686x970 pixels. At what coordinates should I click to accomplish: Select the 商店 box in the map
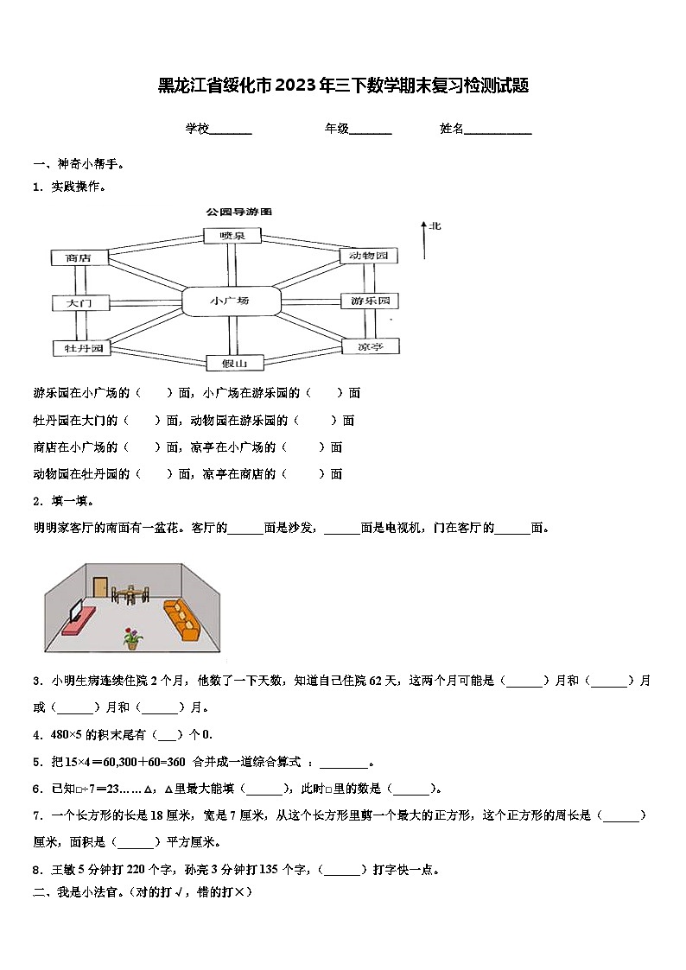coord(78,257)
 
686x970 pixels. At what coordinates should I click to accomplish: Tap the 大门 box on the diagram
coord(78,303)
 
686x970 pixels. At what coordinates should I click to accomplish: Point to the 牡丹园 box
coord(79,348)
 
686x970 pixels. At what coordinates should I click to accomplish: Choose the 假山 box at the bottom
coord(233,363)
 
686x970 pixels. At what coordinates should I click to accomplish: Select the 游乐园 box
coord(370,301)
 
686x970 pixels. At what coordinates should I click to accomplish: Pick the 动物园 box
coord(370,256)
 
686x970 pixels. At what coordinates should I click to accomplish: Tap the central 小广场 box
coord(232,301)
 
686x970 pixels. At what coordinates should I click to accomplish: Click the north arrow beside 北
coord(424,240)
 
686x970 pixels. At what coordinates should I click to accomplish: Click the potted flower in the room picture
coord(131,638)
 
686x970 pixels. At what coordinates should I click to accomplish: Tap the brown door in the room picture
coord(100,587)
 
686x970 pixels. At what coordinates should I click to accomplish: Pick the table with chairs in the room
coord(130,593)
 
